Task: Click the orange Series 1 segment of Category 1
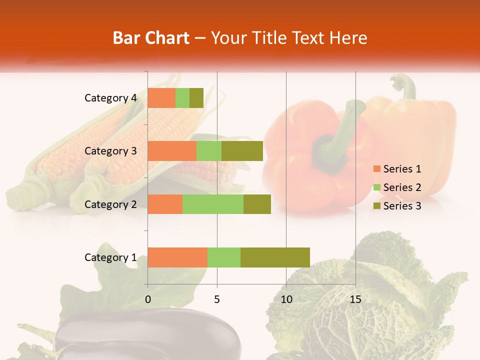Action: click(x=177, y=257)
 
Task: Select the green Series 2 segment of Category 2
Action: click(x=213, y=204)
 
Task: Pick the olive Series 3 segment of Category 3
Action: click(x=242, y=151)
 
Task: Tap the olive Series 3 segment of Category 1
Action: click(x=275, y=257)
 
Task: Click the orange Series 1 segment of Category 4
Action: click(x=161, y=98)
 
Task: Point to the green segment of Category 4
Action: click(x=182, y=98)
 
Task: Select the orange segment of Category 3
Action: click(x=172, y=151)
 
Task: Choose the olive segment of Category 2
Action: click(x=257, y=204)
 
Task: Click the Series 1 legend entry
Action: click(x=397, y=169)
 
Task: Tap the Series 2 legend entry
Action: click(x=397, y=187)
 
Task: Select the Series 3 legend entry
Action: click(x=397, y=206)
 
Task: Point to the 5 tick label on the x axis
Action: click(x=217, y=299)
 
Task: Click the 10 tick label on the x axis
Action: click(x=286, y=299)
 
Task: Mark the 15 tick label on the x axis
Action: click(x=355, y=299)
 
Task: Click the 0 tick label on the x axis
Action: click(x=148, y=299)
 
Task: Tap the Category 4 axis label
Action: click(x=110, y=98)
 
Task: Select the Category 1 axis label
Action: click(x=110, y=257)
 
